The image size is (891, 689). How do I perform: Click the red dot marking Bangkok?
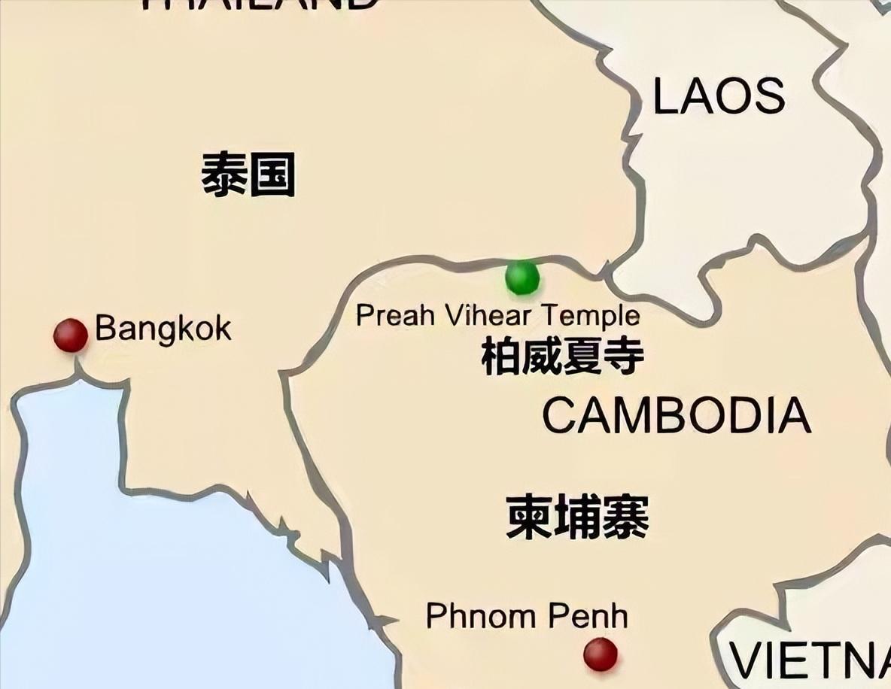click(x=71, y=335)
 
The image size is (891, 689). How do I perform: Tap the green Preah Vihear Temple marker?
click(x=522, y=278)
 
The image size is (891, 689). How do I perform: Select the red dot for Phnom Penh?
click(x=601, y=654)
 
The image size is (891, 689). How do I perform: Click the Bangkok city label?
click(x=163, y=329)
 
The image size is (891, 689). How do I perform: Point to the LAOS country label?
click(x=719, y=97)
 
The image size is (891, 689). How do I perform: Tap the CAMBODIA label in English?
click(x=677, y=416)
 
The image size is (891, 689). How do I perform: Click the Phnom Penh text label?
click(x=527, y=616)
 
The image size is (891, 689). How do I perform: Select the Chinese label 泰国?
click(x=248, y=175)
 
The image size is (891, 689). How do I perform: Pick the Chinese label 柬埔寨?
click(x=577, y=517)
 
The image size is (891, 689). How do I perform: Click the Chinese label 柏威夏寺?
click(x=562, y=356)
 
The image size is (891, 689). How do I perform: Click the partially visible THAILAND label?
click(x=260, y=4)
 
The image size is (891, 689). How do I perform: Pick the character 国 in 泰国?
click(x=272, y=175)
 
